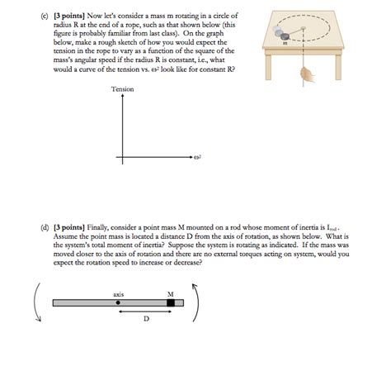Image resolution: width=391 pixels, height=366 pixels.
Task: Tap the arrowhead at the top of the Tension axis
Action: (x=123, y=98)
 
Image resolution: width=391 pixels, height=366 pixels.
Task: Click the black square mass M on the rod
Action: (x=172, y=303)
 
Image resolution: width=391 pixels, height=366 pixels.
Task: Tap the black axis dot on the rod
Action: (x=119, y=303)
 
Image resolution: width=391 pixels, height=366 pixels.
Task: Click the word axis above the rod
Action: (x=119, y=292)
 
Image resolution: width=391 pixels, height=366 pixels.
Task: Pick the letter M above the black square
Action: (x=171, y=292)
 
